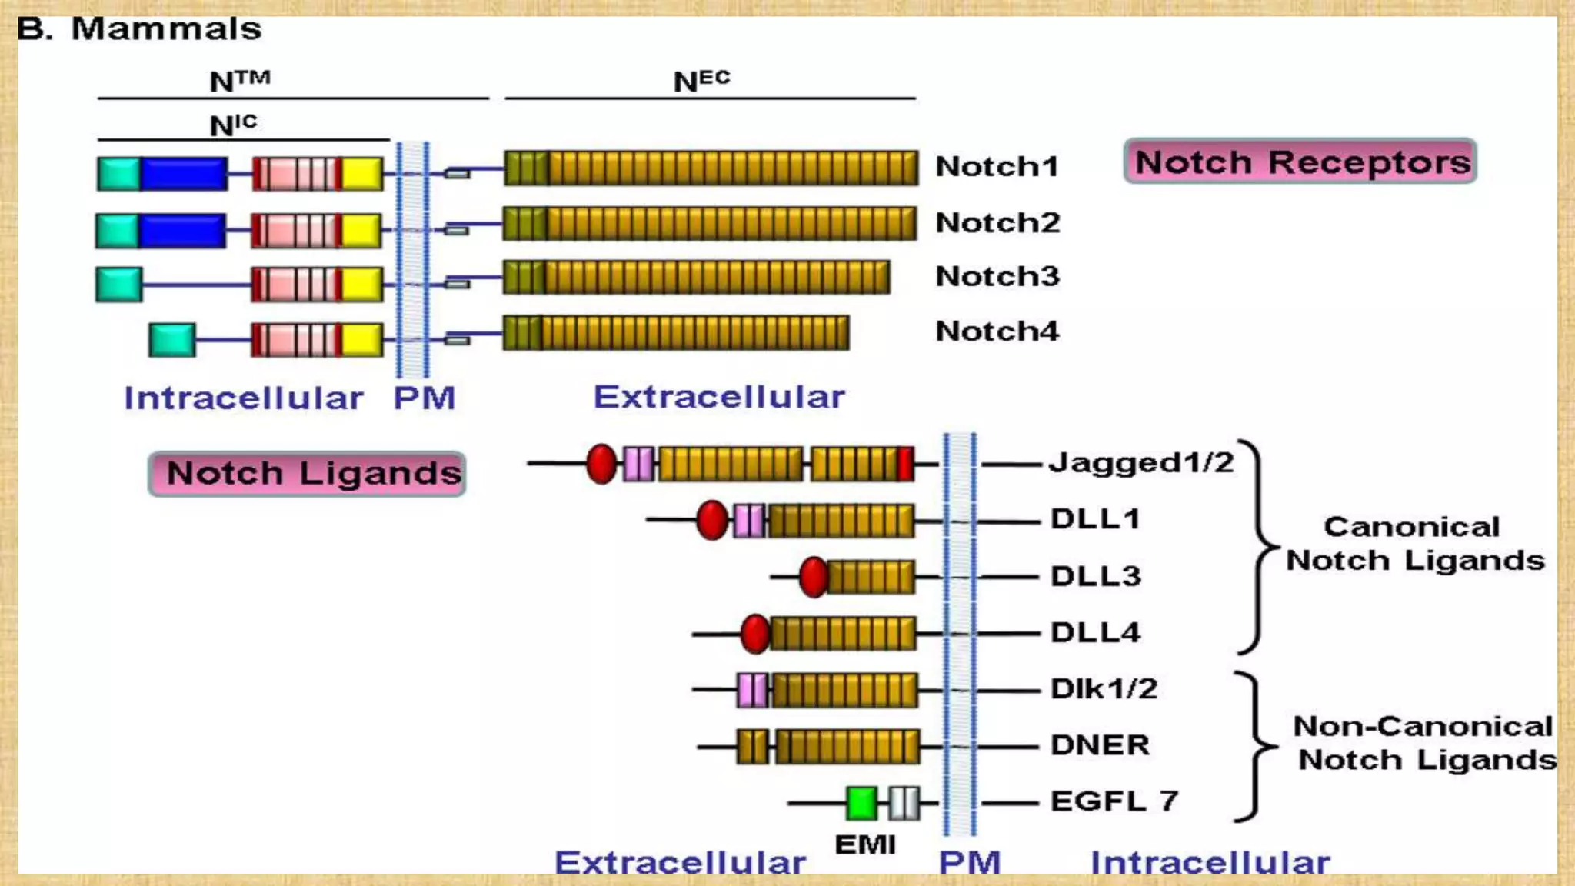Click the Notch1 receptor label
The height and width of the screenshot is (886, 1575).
coord(997,166)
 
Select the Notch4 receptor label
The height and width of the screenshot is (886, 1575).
coord(997,331)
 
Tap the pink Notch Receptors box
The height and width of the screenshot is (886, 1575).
coord(1300,162)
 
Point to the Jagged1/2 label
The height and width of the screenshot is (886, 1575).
coord(1141,463)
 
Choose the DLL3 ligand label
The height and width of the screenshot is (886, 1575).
coord(1096,576)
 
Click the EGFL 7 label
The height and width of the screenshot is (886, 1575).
coord(1114,801)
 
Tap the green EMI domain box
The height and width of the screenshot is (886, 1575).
coord(861,802)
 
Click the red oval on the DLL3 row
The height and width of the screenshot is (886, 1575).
coord(813,577)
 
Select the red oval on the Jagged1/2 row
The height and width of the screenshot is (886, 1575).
coord(601,464)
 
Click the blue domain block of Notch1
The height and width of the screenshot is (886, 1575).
coord(184,174)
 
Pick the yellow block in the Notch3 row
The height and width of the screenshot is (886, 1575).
coord(361,285)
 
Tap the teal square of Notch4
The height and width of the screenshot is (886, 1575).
coord(171,340)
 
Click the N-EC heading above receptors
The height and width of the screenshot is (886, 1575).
coord(701,80)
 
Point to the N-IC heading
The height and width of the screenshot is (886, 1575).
coord(233,125)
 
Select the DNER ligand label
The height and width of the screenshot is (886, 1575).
coord(1100,745)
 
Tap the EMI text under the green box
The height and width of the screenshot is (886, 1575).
coord(865,844)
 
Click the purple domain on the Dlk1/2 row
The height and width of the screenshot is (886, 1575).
coord(752,690)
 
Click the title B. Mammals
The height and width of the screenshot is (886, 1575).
coord(139,29)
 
